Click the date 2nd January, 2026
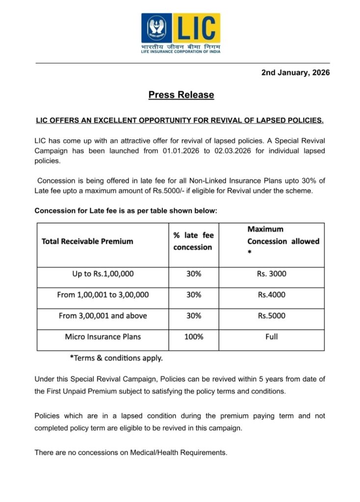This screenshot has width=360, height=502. [295, 73]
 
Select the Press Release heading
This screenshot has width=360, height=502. [181, 95]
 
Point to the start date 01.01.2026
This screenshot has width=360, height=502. [180, 151]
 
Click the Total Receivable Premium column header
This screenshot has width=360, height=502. [87, 241]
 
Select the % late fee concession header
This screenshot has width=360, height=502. [193, 241]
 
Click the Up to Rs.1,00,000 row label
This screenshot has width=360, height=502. [103, 274]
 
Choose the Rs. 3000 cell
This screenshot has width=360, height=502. [271, 274]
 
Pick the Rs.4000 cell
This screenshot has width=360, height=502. [271, 295]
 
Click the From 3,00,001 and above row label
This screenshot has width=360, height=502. [103, 316]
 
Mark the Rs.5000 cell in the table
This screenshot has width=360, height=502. [271, 316]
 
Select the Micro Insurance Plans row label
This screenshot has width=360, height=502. [103, 337]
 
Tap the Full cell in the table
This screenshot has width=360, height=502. [271, 337]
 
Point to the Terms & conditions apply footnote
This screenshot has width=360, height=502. [116, 358]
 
